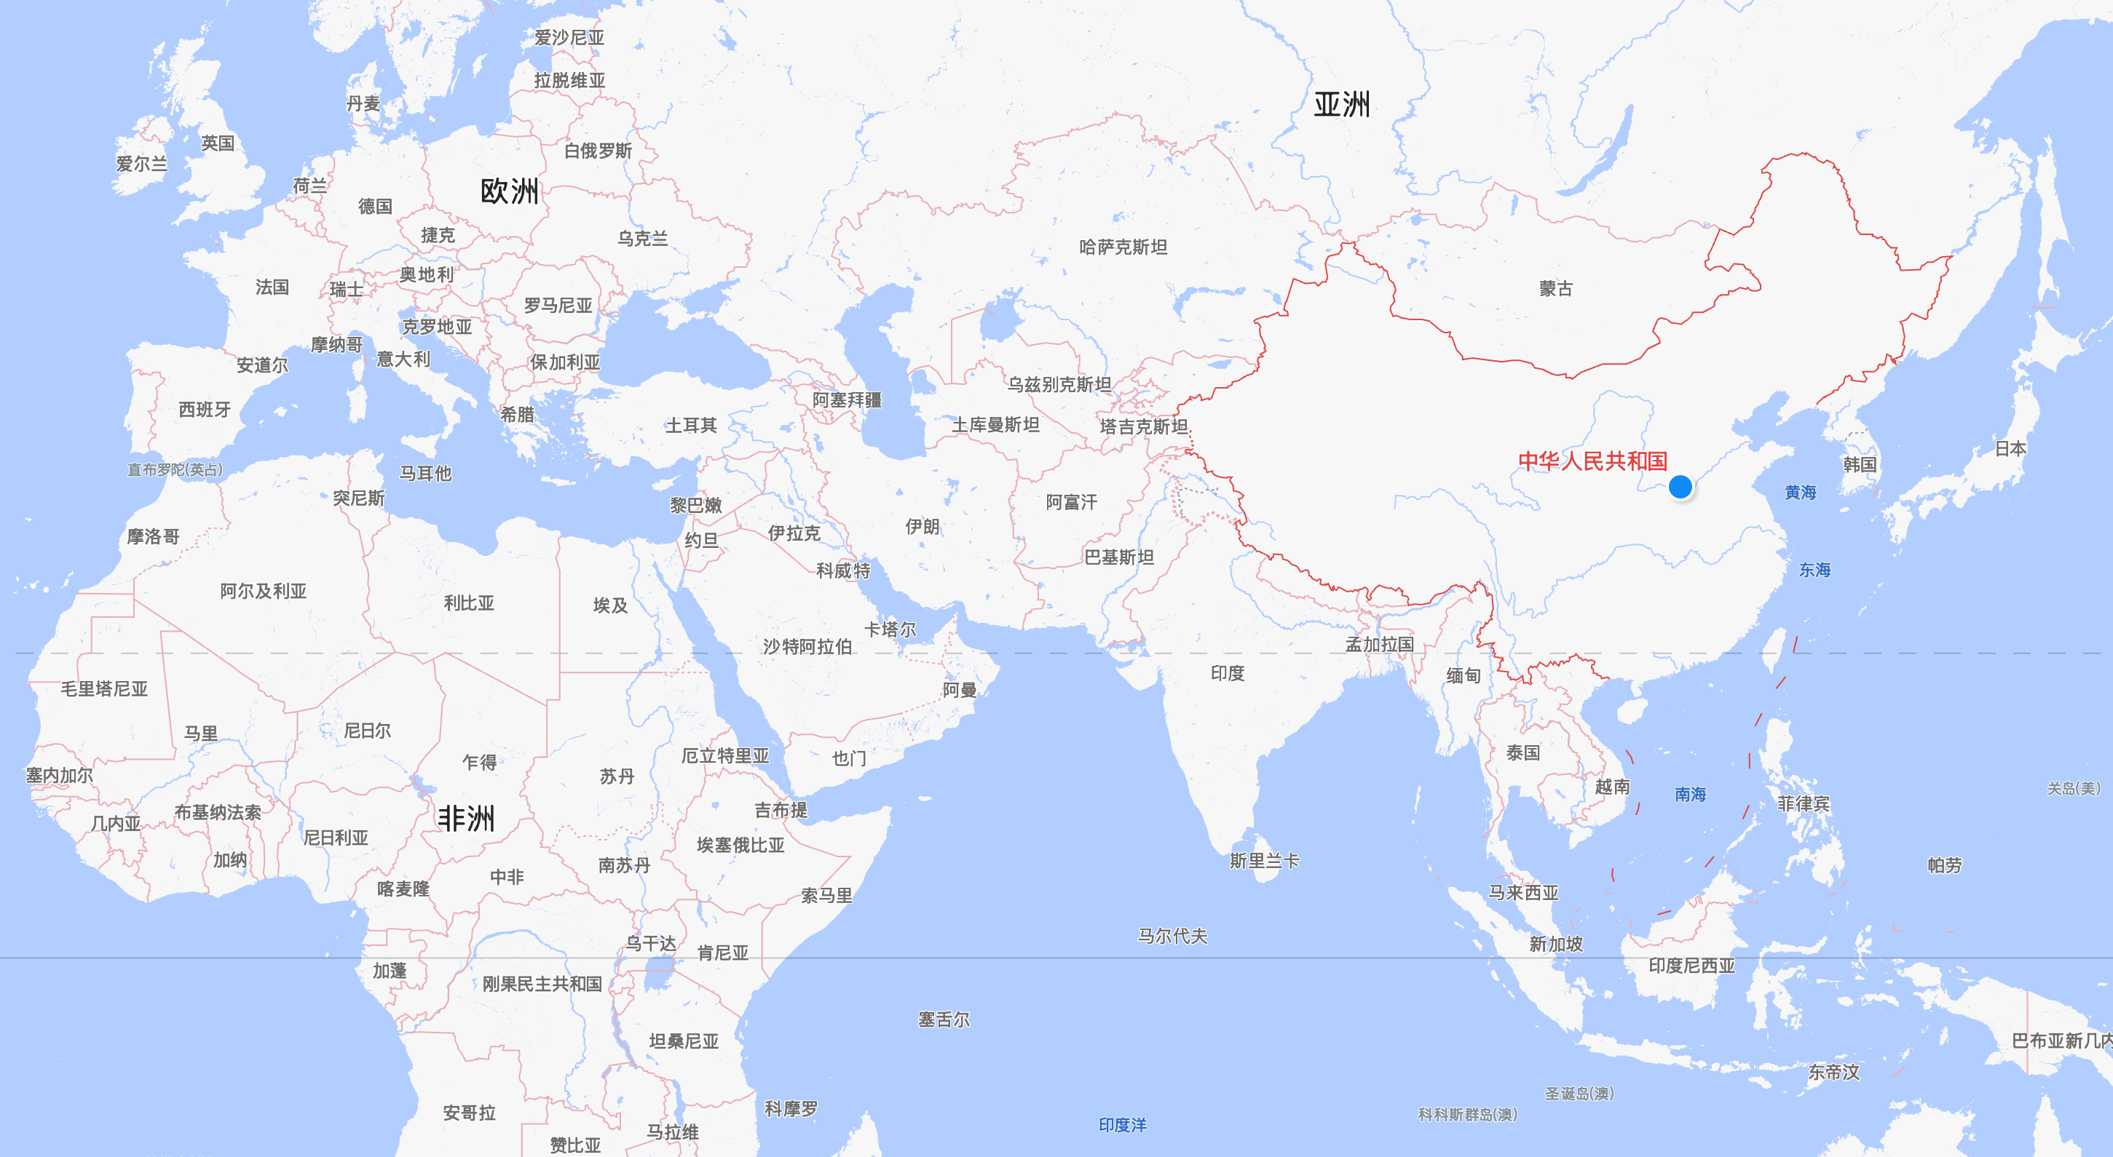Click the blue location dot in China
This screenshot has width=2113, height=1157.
[x=1680, y=487]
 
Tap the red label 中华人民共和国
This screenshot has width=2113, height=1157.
[x=1592, y=461]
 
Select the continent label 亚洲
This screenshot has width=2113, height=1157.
[x=1341, y=105]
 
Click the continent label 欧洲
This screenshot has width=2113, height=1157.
[x=510, y=191]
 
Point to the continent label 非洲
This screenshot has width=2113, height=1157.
[x=466, y=817]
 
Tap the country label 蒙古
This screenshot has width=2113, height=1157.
[x=1555, y=289]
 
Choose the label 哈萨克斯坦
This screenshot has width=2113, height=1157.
[x=1123, y=247]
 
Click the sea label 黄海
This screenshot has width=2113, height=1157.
[x=1800, y=492]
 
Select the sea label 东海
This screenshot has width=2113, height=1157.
[x=1814, y=570]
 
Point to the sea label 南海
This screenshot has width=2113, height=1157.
[x=1690, y=794]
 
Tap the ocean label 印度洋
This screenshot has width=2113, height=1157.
[x=1122, y=1125]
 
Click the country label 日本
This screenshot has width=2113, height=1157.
[x=2010, y=448]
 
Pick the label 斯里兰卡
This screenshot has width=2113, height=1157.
[x=1264, y=861]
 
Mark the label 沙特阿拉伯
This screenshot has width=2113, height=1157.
[x=807, y=646]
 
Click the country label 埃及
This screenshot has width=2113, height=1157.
[x=610, y=605]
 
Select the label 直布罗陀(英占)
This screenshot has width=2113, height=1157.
[x=175, y=470]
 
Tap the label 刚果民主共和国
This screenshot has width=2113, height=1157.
[x=542, y=984]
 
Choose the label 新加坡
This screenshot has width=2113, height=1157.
[x=1555, y=944]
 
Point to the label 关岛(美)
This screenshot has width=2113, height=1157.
[x=2073, y=788]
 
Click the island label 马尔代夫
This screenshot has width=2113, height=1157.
[x=1172, y=936]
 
